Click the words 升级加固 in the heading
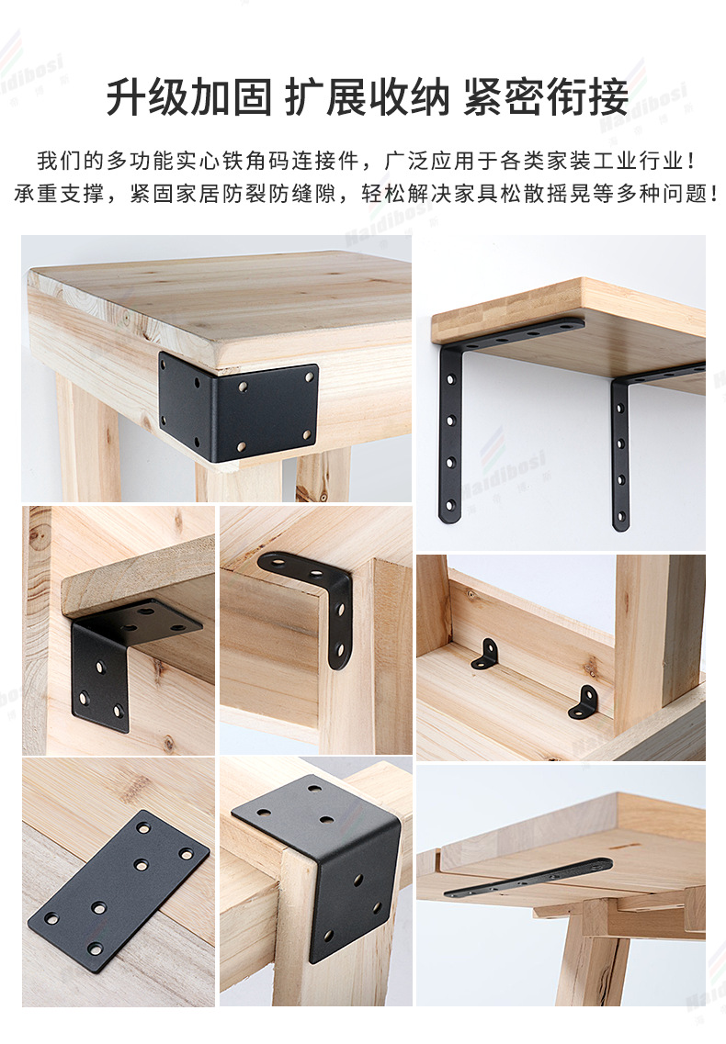tap(188, 96)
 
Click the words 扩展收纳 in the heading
tap(367, 96)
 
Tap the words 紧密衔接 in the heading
tap(546, 96)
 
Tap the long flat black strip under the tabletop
tap(528, 878)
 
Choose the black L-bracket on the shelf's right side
tap(621, 450)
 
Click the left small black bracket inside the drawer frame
tap(486, 654)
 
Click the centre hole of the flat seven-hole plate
tap(142, 865)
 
